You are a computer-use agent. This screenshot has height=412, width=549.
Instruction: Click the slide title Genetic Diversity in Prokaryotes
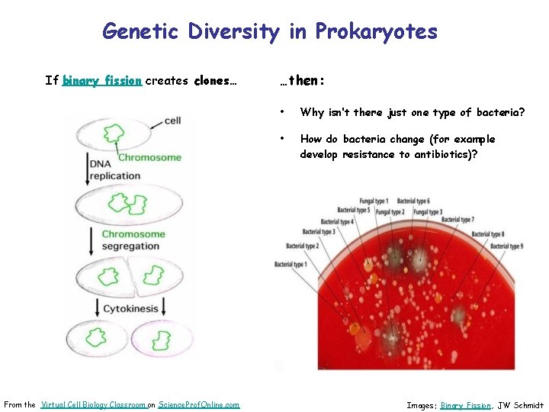point(270,32)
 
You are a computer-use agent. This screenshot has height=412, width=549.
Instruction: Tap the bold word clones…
point(216,81)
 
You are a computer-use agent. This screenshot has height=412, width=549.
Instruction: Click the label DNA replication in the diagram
point(114,170)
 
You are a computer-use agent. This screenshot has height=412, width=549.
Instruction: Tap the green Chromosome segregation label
point(133,240)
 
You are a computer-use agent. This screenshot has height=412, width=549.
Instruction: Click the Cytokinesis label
point(130,309)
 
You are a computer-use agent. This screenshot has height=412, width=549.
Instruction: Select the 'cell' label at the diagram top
point(172,121)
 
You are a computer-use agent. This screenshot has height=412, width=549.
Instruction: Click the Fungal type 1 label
point(374,201)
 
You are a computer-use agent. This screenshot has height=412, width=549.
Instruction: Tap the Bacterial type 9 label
point(506,246)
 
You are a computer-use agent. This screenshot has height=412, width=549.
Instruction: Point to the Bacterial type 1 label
point(291,265)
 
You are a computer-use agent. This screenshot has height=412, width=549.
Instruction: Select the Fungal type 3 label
point(427,211)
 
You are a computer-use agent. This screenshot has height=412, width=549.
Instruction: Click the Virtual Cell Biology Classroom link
point(92,404)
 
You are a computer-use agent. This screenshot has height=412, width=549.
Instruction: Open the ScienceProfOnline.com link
point(198,404)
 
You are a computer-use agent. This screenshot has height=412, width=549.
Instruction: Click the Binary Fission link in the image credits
point(465,405)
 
